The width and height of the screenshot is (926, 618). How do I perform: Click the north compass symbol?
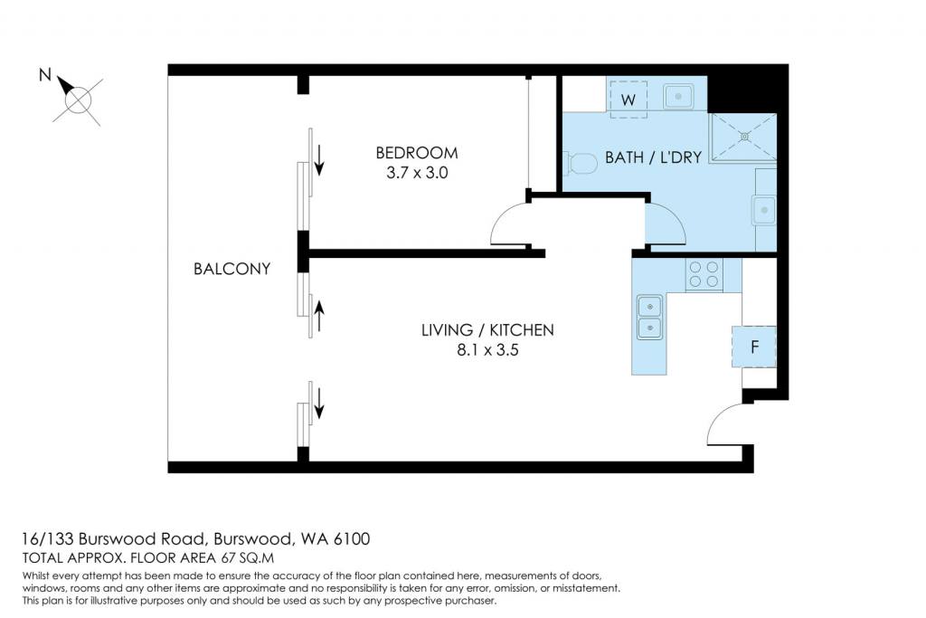point(78,98)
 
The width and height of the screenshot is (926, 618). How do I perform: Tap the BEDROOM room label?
point(417,153)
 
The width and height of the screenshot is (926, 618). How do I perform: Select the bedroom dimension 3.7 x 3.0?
point(417,173)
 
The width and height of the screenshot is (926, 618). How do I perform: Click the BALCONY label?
point(232,269)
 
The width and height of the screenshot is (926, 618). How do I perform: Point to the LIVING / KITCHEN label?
point(487,329)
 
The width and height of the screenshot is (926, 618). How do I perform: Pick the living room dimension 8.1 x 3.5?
point(487,350)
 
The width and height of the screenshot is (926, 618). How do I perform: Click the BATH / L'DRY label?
point(653,157)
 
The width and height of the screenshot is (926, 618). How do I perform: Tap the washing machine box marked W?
point(628,100)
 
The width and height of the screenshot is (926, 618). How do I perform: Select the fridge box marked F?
point(754,347)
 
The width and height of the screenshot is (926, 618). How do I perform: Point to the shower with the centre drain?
point(744,137)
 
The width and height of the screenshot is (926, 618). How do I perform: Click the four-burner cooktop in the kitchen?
point(704,275)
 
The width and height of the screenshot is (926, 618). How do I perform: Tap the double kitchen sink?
point(649,318)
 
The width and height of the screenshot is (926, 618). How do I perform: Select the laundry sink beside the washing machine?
point(678,96)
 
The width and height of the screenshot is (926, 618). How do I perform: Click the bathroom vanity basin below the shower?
point(764,211)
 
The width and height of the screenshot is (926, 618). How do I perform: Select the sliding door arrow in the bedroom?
point(319,160)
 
